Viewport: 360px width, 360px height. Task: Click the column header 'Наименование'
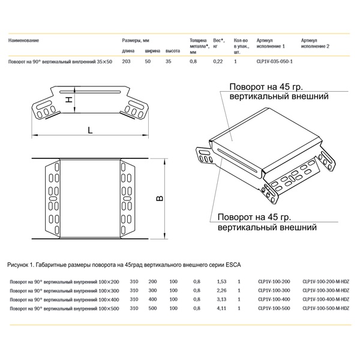point(24,40)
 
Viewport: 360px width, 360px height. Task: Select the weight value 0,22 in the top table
point(218,62)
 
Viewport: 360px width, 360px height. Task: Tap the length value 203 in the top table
point(126,62)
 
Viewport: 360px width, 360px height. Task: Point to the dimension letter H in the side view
point(68,100)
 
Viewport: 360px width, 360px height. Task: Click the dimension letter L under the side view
point(89,129)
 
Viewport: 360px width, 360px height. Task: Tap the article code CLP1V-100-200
point(273,281)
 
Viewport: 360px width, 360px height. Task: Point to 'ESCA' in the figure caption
point(232,264)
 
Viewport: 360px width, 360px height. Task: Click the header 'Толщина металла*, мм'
point(197,44)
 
